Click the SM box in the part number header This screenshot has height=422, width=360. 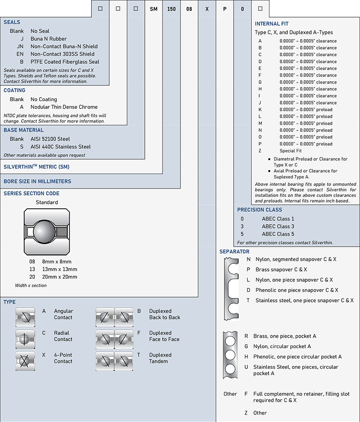point(154,9)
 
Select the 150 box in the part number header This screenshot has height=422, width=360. point(171,9)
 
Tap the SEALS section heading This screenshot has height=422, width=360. point(12,22)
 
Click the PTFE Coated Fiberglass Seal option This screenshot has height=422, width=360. point(65,62)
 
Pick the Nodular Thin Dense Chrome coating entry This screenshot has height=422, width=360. point(64,107)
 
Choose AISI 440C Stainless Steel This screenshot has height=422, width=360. point(61,147)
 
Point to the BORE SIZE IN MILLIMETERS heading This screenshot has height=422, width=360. point(37,181)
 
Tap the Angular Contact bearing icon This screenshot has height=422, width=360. point(25,317)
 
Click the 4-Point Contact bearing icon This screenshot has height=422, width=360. point(25,361)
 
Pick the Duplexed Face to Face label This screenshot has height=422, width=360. point(164,336)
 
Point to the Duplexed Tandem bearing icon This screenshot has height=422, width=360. point(114,361)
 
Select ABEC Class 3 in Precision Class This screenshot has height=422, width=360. point(278,226)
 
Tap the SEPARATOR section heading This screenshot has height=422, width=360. point(235,251)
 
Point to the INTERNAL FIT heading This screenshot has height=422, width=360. point(272,24)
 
